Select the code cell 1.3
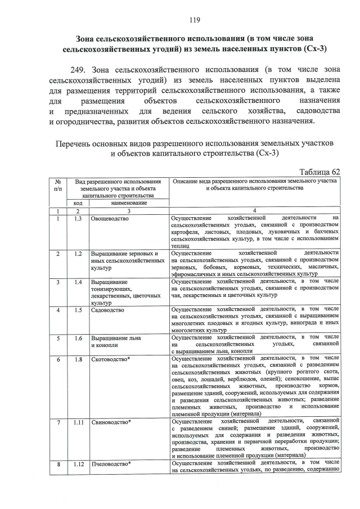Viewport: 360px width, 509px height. pos(78,218)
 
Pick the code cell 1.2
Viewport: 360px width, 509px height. pos(78,254)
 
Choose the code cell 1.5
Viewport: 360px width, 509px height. pos(78,310)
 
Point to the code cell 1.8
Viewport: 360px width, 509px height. pos(78,359)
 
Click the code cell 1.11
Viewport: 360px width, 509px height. pos(78,421)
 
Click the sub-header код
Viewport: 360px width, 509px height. pos(78,202)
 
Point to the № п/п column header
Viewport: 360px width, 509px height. pos(58,185)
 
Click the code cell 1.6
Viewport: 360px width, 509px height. pos(78,338)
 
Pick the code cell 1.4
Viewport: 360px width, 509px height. pos(78,282)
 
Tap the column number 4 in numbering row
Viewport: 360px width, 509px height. pos(255,210)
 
